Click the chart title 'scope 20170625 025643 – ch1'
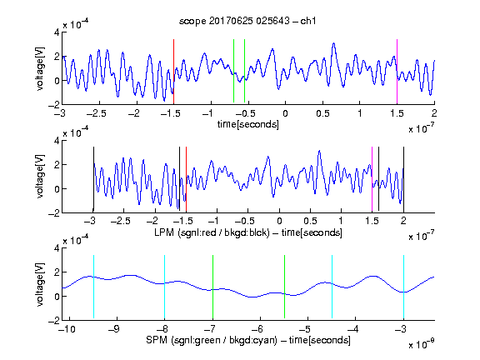coord(247,21)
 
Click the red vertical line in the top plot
coord(173,72)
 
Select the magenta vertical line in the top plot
coord(397,72)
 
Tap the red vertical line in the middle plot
coord(186,179)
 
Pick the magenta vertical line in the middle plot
coord(372,179)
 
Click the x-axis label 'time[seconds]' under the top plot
coord(248,124)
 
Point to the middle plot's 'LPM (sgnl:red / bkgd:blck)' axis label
coord(212,232)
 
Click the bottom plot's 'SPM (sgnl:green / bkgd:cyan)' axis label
coord(212,340)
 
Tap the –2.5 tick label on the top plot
coord(96,113)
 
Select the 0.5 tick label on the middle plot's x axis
coord(310,221)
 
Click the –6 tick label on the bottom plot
coord(259,329)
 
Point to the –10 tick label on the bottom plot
coord(67,329)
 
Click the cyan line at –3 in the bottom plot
coord(404,287)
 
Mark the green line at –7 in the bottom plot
coord(212,287)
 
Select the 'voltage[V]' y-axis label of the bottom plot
coord(40,284)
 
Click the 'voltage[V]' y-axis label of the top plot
coord(40,69)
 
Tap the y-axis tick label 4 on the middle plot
coord(57,141)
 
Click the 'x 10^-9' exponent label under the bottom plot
coord(421,344)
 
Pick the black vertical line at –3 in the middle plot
coord(93,179)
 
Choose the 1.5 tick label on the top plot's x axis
coord(397,113)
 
